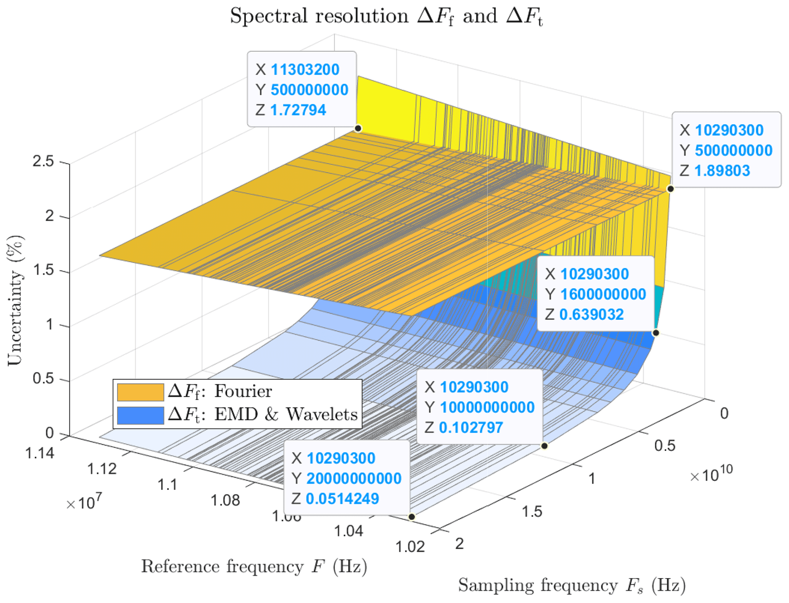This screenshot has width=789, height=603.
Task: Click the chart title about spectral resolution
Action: [386, 16]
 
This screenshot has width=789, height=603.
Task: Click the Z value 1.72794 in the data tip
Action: [298, 110]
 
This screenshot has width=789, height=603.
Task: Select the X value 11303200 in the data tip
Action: [305, 70]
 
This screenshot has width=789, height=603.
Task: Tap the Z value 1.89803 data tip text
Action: [722, 170]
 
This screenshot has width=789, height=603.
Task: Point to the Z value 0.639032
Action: [591, 314]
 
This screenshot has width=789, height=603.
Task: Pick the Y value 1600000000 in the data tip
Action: [603, 294]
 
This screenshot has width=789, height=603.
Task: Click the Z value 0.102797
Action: [471, 428]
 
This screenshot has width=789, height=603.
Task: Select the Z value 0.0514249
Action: [342, 499]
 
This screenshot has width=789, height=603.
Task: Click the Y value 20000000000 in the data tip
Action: [354, 478]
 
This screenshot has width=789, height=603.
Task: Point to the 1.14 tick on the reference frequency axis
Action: [40, 453]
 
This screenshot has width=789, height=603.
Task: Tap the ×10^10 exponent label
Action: [712, 475]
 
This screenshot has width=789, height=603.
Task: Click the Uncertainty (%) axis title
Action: [15, 300]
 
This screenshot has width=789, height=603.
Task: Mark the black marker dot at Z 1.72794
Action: [358, 128]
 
